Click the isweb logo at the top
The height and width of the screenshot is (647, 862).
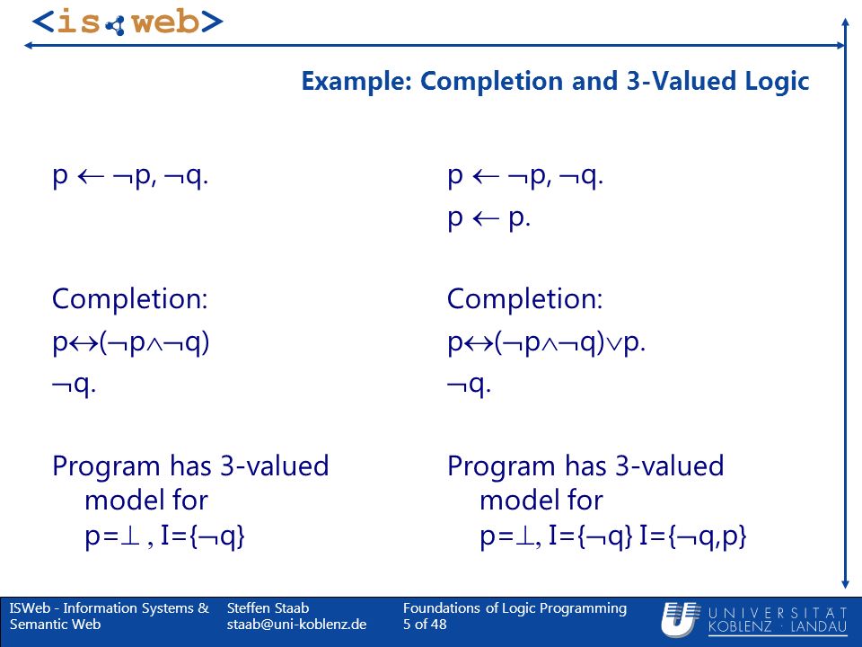[x=127, y=22]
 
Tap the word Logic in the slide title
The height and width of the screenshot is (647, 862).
[x=777, y=82]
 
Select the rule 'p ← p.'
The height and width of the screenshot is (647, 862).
[x=488, y=218]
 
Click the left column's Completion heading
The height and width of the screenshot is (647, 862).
[x=129, y=298]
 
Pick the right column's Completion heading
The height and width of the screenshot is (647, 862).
[x=525, y=298]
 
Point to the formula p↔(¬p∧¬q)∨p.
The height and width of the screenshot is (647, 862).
[x=547, y=342]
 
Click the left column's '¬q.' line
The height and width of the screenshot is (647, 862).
[x=75, y=384]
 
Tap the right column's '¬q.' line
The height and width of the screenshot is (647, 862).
[x=469, y=384]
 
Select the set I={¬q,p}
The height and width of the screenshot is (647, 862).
[x=692, y=536]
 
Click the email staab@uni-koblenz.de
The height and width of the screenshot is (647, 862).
[x=296, y=625]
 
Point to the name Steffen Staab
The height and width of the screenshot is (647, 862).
[x=268, y=608]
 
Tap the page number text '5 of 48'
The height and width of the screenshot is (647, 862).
[x=425, y=625]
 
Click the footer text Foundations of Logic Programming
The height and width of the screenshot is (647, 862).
[x=515, y=608]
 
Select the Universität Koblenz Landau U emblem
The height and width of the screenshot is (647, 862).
[x=680, y=619]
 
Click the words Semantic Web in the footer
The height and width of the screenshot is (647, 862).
[x=55, y=625]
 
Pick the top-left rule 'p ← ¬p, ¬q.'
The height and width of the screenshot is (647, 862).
[x=130, y=176]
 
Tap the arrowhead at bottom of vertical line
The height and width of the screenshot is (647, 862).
[x=846, y=584]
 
